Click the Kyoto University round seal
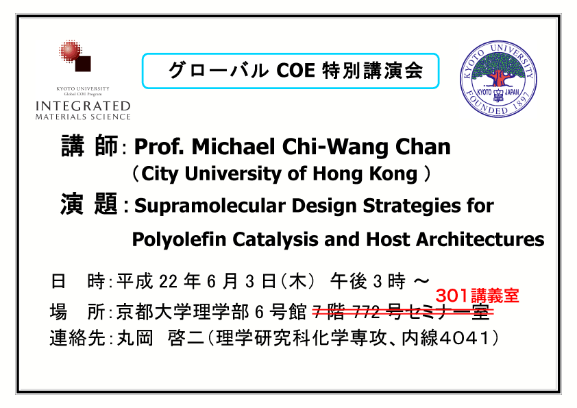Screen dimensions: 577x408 coord(499,79)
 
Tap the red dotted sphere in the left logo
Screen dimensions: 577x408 coord(71,51)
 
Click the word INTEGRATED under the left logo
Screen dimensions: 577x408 coord(83,106)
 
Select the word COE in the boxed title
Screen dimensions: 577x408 coord(295,71)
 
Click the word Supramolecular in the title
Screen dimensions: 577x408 coord(210,206)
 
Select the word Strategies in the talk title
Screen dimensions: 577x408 coord(412,206)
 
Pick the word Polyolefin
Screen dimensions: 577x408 coord(179,239)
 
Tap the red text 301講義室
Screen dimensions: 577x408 coord(477,296)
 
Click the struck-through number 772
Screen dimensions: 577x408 coord(366,313)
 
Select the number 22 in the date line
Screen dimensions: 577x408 coord(168,282)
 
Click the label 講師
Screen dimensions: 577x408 coord(89,146)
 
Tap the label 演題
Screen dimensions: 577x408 coord(88,203)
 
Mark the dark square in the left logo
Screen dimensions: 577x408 coord(83,63)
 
